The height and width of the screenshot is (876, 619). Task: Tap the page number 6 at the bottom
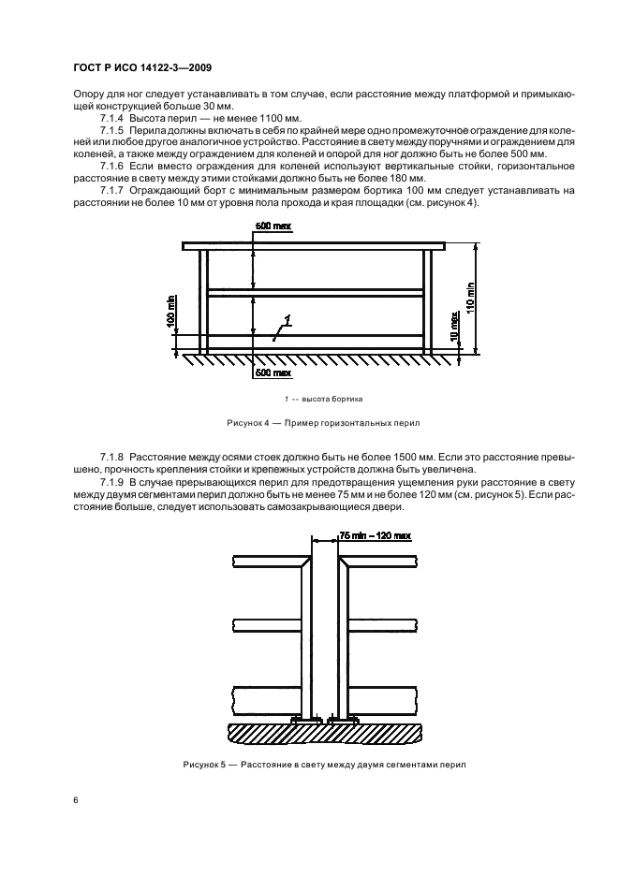76,800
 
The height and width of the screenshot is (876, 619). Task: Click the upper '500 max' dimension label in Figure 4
273,228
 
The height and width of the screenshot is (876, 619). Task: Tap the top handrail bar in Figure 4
314,246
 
